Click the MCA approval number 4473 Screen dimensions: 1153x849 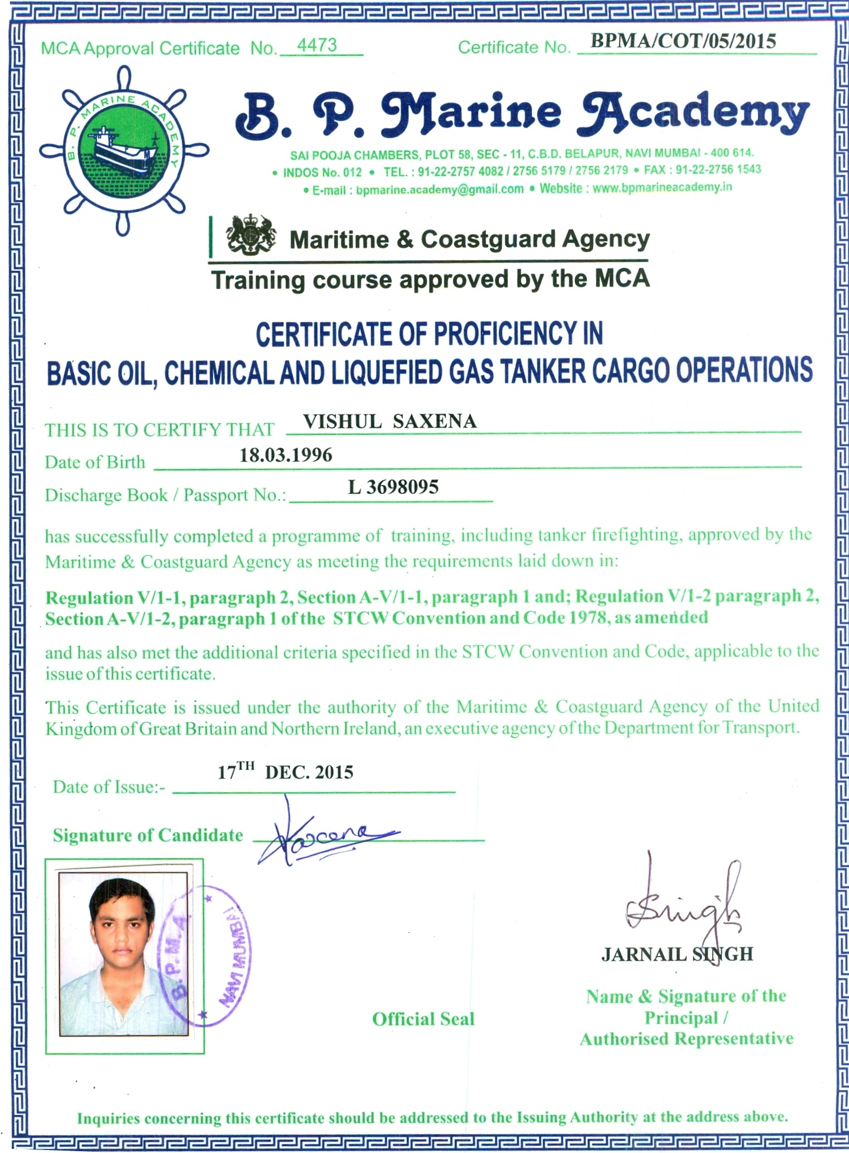tap(317, 45)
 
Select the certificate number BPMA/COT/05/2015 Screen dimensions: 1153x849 tap(683, 41)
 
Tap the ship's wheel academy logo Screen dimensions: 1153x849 tap(124, 151)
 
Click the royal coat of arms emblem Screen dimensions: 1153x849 tap(251, 236)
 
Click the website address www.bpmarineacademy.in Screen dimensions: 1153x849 tap(662, 188)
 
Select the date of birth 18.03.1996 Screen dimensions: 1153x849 tap(286, 455)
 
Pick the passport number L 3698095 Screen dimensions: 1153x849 tap(394, 487)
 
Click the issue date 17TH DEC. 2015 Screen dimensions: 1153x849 tap(285, 772)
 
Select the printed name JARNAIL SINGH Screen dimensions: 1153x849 tap(677, 954)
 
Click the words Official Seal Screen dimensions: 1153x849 tap(423, 1019)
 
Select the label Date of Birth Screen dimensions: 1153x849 tap(95, 463)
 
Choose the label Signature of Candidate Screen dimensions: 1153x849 tap(148, 836)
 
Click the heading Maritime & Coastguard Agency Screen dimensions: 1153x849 tap(470, 239)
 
